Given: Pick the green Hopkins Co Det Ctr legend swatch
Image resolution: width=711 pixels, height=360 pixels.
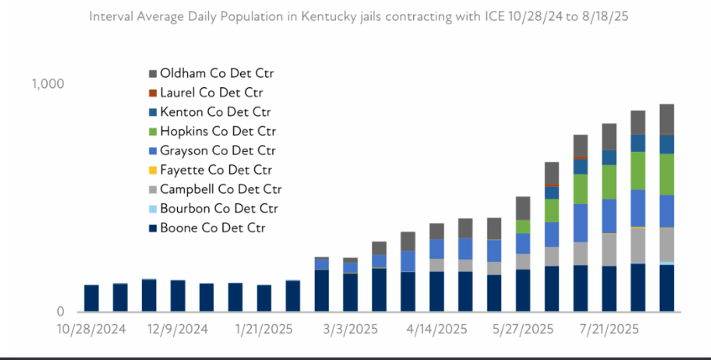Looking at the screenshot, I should (x=153, y=131).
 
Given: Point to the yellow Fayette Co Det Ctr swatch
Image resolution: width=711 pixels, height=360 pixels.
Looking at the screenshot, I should (x=153, y=170).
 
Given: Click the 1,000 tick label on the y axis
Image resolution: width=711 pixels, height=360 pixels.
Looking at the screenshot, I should (x=48, y=84).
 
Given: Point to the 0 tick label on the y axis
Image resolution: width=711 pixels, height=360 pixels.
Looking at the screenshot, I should (x=60, y=312).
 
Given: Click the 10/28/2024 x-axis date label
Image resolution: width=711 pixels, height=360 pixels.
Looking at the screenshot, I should (x=91, y=329).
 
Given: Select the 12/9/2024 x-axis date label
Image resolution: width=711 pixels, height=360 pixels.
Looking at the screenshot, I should (x=177, y=329).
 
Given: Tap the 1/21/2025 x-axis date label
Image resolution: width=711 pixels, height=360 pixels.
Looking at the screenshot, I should (x=263, y=329).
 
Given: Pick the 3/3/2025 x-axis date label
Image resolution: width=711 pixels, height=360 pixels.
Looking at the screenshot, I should (x=351, y=329).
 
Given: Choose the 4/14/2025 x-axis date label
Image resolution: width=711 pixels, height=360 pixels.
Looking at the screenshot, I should (x=437, y=329).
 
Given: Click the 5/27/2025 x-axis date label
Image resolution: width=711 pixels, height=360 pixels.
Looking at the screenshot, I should (x=523, y=329).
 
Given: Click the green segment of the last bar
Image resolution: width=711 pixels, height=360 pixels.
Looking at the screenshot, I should (x=667, y=174).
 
